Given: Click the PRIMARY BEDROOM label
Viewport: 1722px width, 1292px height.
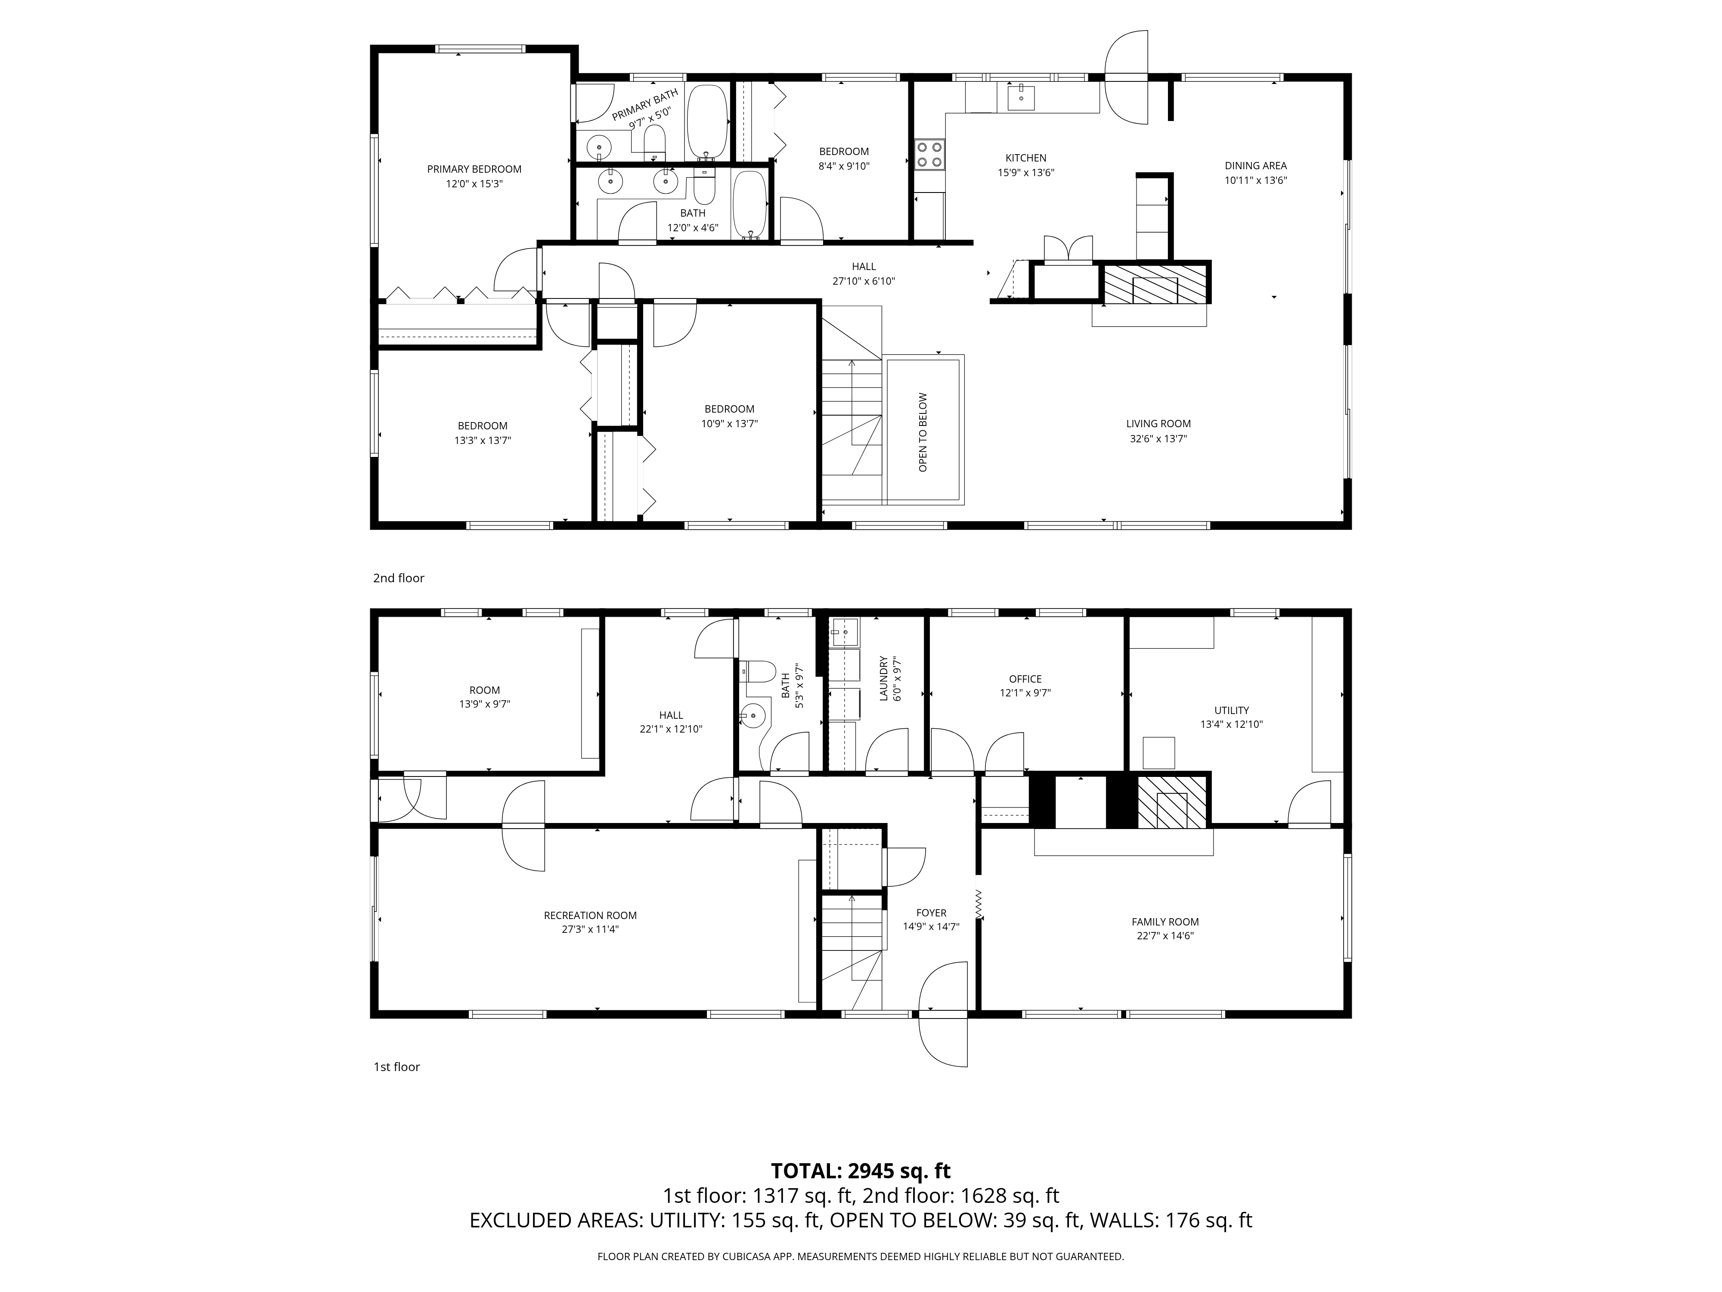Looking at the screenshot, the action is click(x=474, y=169).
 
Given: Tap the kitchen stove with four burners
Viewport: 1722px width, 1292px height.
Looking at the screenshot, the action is click(x=929, y=154).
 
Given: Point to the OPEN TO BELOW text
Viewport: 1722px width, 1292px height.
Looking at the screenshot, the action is click(x=923, y=432).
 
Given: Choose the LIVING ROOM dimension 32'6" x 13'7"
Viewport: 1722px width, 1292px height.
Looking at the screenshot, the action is click(x=1158, y=438).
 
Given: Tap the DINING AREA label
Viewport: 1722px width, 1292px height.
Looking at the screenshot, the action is click(x=1256, y=165).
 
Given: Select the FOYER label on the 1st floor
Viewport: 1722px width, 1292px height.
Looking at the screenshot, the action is click(x=931, y=913).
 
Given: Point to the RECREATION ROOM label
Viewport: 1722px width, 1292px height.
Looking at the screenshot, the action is click(x=590, y=915).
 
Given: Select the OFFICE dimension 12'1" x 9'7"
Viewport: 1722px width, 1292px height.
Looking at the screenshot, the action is click(x=1025, y=693).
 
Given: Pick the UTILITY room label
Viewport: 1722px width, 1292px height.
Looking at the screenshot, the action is click(x=1232, y=710).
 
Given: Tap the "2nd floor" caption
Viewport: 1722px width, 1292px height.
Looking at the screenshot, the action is click(x=399, y=578).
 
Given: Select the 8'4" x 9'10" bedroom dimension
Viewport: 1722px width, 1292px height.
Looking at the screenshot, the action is click(x=844, y=166).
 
